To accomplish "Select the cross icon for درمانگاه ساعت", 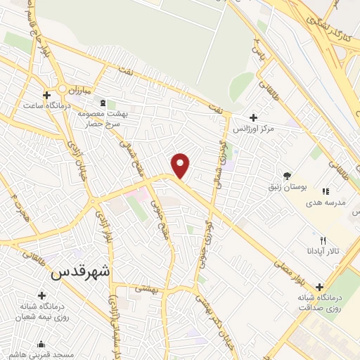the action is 46,95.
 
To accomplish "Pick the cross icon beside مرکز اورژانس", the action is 254,117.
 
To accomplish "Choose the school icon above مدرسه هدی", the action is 325,191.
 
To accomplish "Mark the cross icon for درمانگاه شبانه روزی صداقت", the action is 320,287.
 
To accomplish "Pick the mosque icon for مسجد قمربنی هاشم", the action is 41,345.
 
